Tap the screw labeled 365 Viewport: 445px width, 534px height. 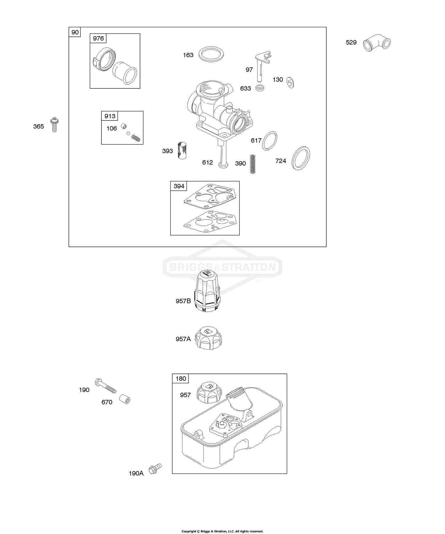[54, 125]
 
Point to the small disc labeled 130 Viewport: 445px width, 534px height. [290, 83]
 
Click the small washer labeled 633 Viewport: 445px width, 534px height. [260, 88]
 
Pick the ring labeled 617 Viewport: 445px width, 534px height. [270, 141]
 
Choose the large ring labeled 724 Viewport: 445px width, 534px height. [301, 158]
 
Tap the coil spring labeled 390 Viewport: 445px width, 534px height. [252, 164]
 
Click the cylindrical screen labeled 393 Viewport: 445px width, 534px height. [182, 150]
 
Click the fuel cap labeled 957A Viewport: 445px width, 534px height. [209, 338]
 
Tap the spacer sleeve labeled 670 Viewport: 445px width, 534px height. [125, 400]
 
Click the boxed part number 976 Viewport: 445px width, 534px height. [98, 39]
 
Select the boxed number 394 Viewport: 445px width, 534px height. [179, 186]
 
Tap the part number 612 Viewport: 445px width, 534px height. [207, 162]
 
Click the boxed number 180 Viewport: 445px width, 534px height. [181, 379]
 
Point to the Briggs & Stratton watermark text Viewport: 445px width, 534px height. [222, 267]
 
